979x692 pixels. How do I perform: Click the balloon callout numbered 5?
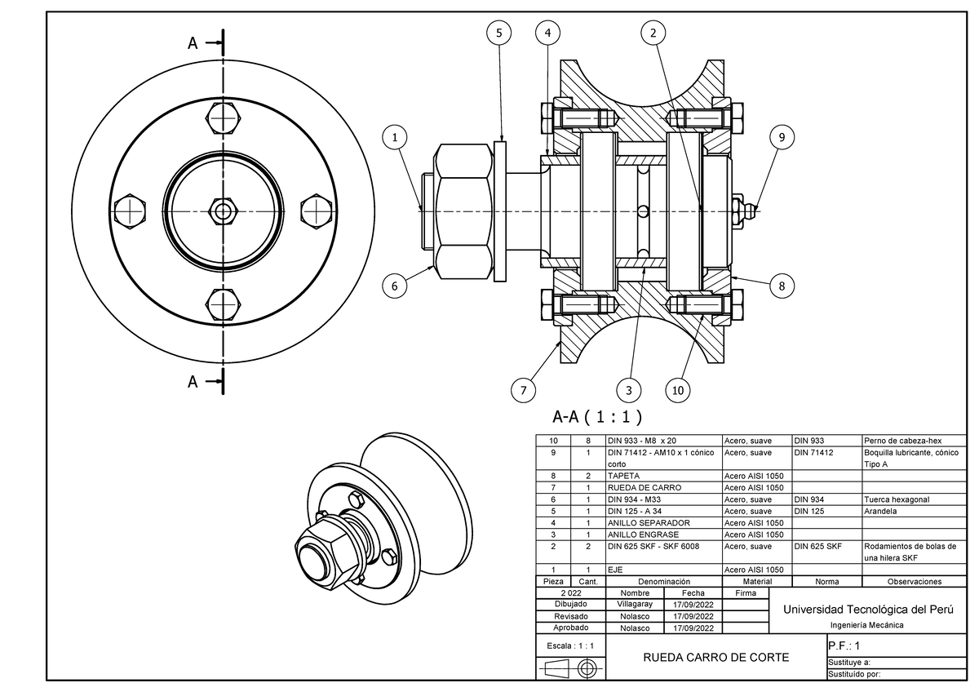499,33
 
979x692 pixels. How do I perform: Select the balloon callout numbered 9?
782,137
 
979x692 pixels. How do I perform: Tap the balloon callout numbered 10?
677,390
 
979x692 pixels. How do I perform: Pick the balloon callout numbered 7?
524,390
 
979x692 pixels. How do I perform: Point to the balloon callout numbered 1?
395,137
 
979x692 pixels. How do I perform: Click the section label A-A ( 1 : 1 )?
597,417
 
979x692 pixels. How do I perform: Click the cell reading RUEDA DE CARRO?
645,487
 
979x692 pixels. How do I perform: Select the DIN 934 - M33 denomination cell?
634,499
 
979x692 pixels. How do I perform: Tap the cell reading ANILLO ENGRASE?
643,535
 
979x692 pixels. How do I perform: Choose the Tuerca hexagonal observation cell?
897,499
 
